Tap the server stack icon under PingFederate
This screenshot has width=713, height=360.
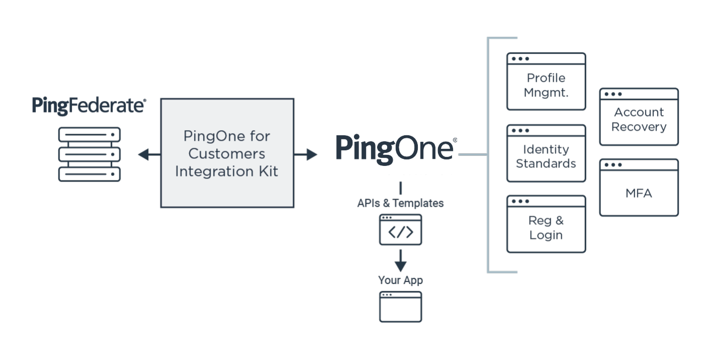coord(89,154)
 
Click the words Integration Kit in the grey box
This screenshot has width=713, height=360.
coord(227,171)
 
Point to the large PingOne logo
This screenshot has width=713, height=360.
coord(394,148)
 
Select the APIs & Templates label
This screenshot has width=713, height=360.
coord(400,203)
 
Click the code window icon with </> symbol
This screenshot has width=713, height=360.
coord(400,230)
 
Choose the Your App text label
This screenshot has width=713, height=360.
coord(400,280)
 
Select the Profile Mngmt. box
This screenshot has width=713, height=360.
coord(546,82)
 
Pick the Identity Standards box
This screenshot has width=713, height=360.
coord(546,153)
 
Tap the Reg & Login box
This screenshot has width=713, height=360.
coord(546,224)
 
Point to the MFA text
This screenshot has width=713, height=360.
coord(639,193)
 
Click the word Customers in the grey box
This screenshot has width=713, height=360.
coord(227,154)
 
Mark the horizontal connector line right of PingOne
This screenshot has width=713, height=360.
coord(473,155)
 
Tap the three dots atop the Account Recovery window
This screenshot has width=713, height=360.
coord(613,94)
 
